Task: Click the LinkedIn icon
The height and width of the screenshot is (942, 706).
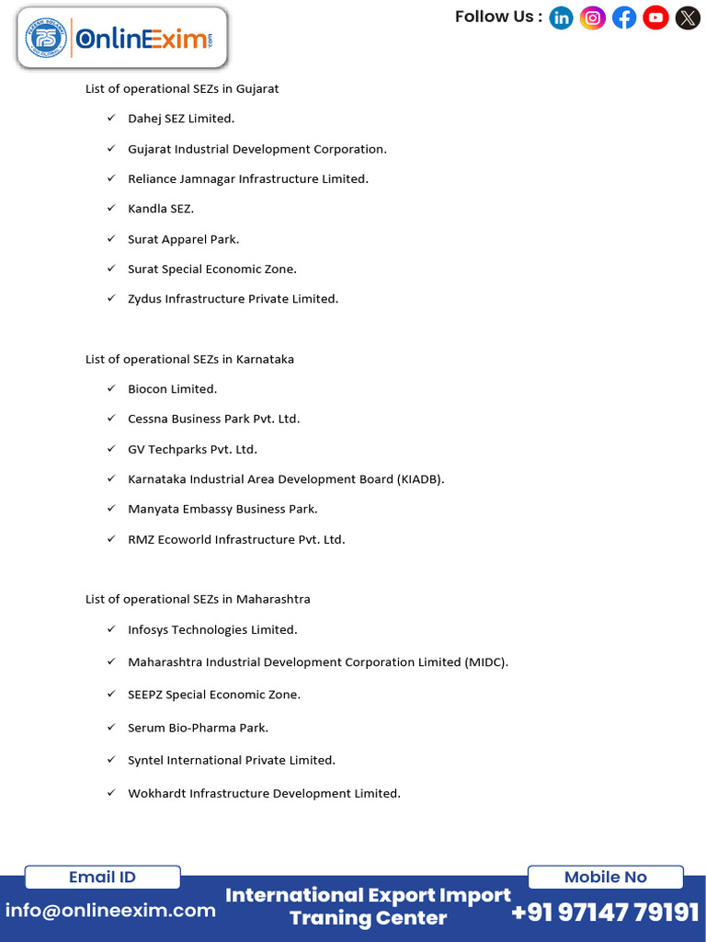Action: click(x=561, y=17)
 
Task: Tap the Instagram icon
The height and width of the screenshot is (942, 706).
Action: click(x=593, y=17)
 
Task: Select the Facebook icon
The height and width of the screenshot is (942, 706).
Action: click(x=624, y=17)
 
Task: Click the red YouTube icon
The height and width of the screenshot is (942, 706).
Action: click(x=655, y=17)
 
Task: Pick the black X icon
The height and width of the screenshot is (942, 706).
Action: click(x=687, y=17)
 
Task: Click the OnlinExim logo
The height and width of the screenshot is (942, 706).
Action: click(x=121, y=39)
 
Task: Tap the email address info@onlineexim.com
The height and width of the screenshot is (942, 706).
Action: click(x=110, y=911)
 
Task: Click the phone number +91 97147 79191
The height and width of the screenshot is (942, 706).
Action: click(x=605, y=912)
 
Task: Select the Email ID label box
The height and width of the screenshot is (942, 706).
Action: click(x=102, y=877)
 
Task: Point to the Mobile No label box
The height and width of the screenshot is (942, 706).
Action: click(x=605, y=877)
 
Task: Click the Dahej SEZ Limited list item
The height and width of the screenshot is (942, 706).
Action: click(x=181, y=119)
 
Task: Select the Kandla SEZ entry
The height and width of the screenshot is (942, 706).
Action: click(x=161, y=209)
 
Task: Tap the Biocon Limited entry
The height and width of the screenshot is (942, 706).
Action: click(x=173, y=389)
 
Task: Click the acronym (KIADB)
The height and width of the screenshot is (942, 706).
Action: click(x=420, y=479)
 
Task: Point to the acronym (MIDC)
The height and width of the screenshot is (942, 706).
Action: click(x=485, y=662)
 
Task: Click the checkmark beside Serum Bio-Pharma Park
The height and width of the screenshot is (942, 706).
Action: click(x=110, y=727)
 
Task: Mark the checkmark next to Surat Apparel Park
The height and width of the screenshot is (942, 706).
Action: click(x=110, y=238)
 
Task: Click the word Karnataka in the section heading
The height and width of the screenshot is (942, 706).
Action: click(x=265, y=359)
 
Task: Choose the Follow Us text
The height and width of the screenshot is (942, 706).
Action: click(x=497, y=17)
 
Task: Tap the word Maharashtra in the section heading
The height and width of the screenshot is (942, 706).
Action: click(x=273, y=599)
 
